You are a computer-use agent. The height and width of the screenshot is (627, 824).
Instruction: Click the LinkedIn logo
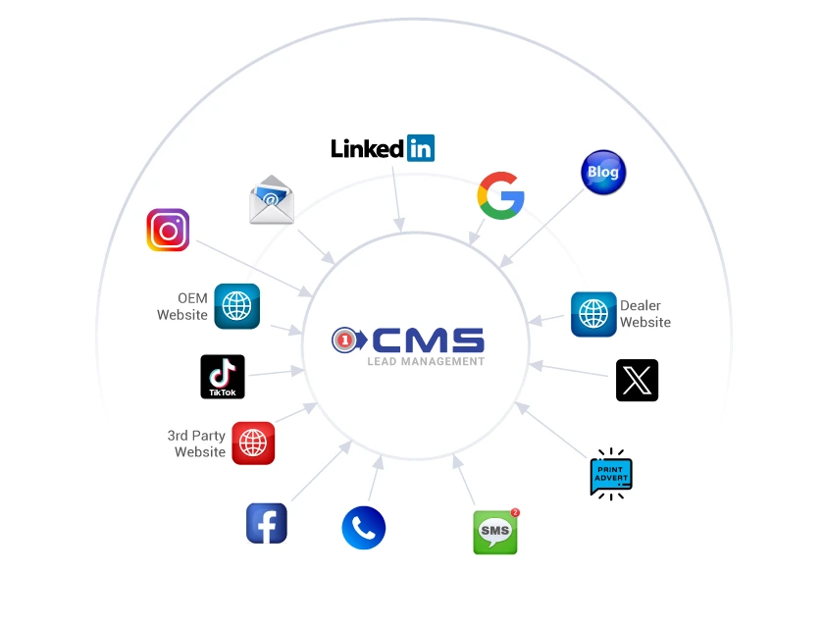coord(383,148)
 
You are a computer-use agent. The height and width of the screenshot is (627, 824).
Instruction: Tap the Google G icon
coord(500,195)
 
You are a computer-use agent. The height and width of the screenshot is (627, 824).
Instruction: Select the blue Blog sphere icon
coord(602,173)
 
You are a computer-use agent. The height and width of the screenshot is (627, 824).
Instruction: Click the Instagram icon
coord(168,230)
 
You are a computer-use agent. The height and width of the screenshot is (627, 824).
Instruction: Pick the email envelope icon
coord(272,200)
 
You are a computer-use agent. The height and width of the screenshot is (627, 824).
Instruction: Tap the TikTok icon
coord(223,377)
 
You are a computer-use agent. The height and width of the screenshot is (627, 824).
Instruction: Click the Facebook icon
coord(267,523)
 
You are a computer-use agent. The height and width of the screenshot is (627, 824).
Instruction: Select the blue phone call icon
coord(363,528)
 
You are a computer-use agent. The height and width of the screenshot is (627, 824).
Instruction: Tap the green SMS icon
coord(494,533)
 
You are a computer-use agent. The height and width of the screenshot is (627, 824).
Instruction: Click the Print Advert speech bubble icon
coord(611,475)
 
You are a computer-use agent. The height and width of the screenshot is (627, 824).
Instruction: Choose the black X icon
coord(637,380)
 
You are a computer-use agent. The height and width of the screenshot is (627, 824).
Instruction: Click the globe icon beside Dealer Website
coord(593,314)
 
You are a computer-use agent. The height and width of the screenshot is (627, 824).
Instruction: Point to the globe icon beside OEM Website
coord(236,306)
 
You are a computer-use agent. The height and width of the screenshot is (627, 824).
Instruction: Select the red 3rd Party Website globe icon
coord(253,444)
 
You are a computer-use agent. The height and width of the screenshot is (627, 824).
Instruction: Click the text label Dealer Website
coord(645,314)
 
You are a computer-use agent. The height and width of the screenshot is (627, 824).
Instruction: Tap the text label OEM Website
coord(183,306)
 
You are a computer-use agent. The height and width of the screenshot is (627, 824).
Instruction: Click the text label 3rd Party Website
coord(197,444)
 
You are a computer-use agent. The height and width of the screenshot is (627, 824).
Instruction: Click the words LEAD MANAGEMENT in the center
coord(426,361)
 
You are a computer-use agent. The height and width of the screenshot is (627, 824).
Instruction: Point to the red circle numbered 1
coord(344,340)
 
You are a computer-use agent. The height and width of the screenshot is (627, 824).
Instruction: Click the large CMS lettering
coord(428,340)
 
